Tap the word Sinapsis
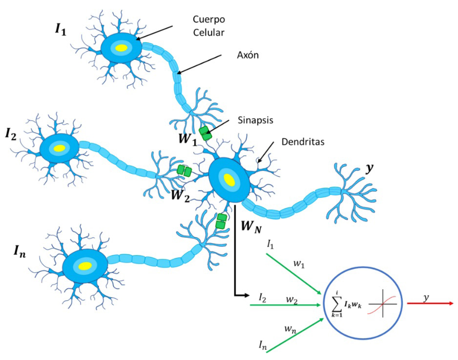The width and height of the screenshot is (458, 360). (255, 120)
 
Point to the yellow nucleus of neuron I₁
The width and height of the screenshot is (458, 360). (121, 48)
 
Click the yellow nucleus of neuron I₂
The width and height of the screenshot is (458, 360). (60, 147)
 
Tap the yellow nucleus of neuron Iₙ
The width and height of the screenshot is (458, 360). (85, 265)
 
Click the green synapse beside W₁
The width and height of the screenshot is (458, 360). (206, 133)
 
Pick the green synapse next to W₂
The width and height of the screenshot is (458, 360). (184, 170)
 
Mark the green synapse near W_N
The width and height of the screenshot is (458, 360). (222, 220)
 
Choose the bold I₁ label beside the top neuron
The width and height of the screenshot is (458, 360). (61, 29)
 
